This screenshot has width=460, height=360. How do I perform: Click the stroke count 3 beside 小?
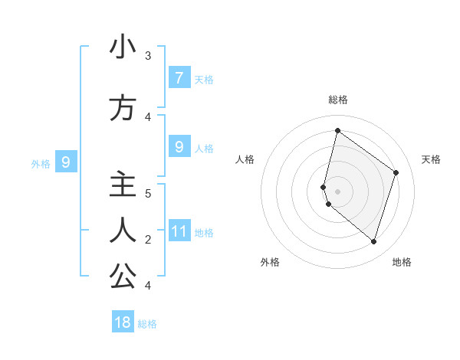tap(148, 56)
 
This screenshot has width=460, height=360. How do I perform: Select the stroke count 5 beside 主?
tap(148, 193)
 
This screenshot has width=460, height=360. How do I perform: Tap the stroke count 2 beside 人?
tap(148, 240)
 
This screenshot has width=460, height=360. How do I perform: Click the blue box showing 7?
tap(179, 77)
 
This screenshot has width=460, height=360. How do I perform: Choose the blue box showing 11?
tap(179, 231)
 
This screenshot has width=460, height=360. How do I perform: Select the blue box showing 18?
tap(123, 322)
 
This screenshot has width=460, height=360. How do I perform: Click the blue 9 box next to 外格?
tap(66, 162)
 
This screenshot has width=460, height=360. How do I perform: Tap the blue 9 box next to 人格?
tap(179, 146)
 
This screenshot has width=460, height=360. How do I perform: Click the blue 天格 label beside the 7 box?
tap(204, 79)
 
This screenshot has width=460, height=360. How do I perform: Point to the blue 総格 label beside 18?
tap(147, 324)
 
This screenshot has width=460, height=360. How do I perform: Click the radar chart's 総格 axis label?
tap(337, 100)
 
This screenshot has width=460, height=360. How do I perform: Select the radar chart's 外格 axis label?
tap(270, 262)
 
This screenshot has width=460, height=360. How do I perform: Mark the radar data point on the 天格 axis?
tap(396, 172)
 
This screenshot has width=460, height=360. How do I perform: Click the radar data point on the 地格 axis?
tap(373, 241)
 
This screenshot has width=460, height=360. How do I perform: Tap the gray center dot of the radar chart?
tap(337, 190)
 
